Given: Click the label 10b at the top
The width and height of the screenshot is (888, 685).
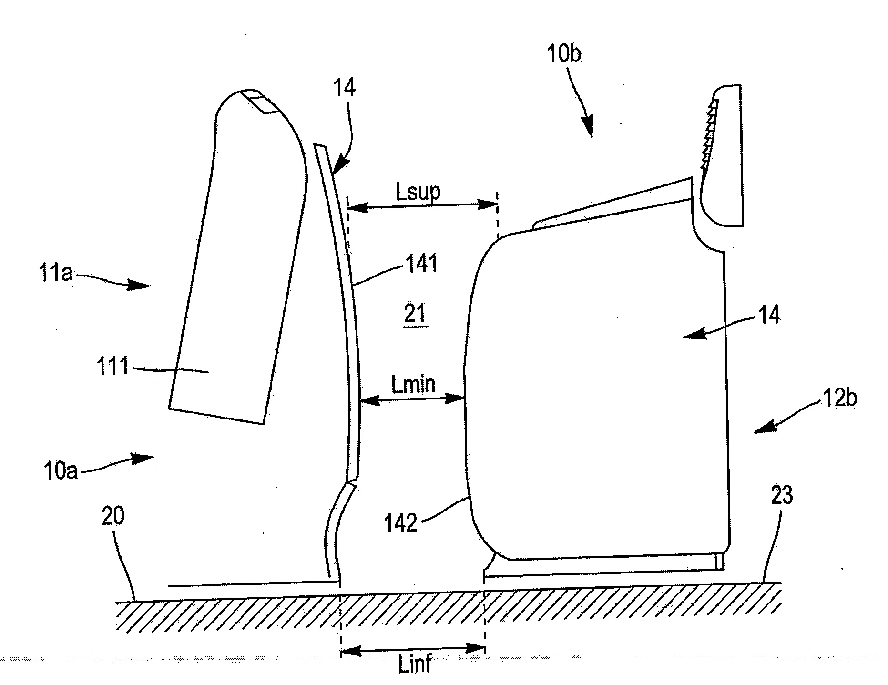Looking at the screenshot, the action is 564,54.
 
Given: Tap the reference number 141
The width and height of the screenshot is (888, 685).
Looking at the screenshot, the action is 421,263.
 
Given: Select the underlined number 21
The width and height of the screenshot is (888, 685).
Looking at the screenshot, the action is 415,314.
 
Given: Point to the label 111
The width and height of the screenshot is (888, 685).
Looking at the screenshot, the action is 113,367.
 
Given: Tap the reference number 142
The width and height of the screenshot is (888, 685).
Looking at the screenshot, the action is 401,524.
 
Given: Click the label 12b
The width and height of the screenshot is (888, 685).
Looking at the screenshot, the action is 839,397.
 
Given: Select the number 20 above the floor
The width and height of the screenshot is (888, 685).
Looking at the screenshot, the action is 113,516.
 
